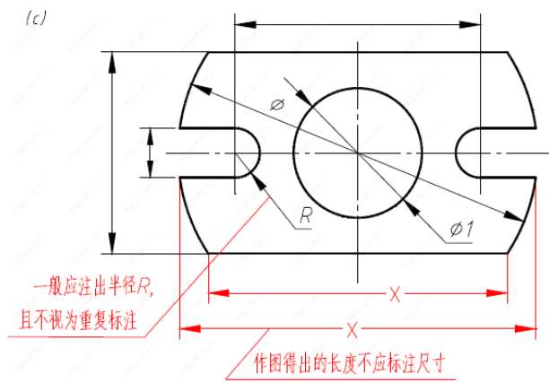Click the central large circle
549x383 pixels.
click(358, 153)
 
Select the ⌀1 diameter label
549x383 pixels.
click(462, 229)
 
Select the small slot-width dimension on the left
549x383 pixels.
click(152, 153)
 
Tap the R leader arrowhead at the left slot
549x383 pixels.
click(258, 176)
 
